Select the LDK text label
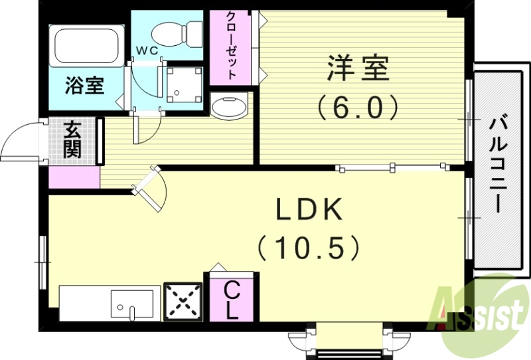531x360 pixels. [x=309, y=211]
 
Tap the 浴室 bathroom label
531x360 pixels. [x=84, y=86]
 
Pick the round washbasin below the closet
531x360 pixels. [x=229, y=105]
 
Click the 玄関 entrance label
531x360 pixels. [x=72, y=139]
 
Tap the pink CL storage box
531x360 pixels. [x=231, y=300]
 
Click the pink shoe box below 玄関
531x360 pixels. [x=74, y=177]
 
